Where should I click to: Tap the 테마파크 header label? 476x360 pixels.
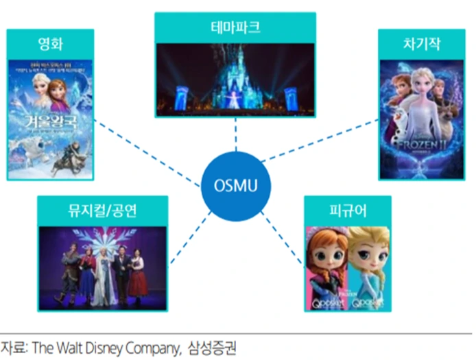pyautogui.click(x=235, y=29)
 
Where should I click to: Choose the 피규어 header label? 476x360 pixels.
pyautogui.click(x=348, y=211)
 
